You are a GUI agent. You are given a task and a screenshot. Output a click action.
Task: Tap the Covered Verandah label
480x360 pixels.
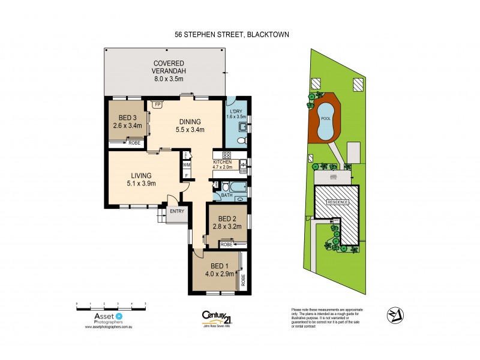[168, 64]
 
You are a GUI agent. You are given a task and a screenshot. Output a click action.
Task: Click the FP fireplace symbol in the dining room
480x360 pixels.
[158, 104]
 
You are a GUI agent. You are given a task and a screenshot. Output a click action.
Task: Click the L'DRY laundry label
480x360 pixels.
[235, 110]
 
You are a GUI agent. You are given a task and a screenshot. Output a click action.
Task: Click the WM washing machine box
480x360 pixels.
[187, 164]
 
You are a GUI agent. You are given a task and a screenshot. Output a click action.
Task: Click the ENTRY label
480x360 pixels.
[177, 211]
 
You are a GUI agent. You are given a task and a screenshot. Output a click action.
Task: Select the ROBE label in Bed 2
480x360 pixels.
[226, 244]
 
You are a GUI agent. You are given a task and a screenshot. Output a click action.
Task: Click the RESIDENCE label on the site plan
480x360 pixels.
[337, 202]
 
